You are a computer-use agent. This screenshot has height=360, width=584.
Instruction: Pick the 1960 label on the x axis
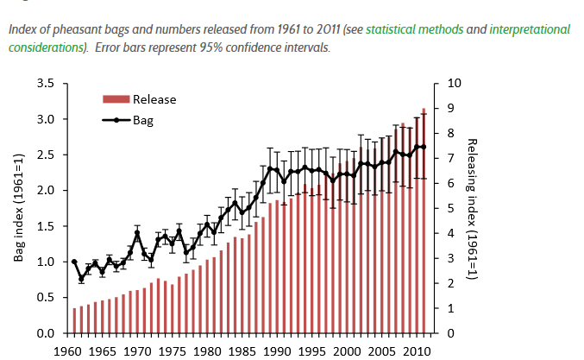[67, 352]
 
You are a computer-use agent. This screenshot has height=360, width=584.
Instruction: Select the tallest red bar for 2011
[424, 221]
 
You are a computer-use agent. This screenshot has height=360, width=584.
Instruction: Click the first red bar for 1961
[74, 320]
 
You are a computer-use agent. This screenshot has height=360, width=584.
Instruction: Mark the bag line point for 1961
[74, 262]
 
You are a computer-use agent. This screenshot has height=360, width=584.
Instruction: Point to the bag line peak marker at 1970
[137, 234]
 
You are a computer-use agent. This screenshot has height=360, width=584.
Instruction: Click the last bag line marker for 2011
[424, 147]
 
